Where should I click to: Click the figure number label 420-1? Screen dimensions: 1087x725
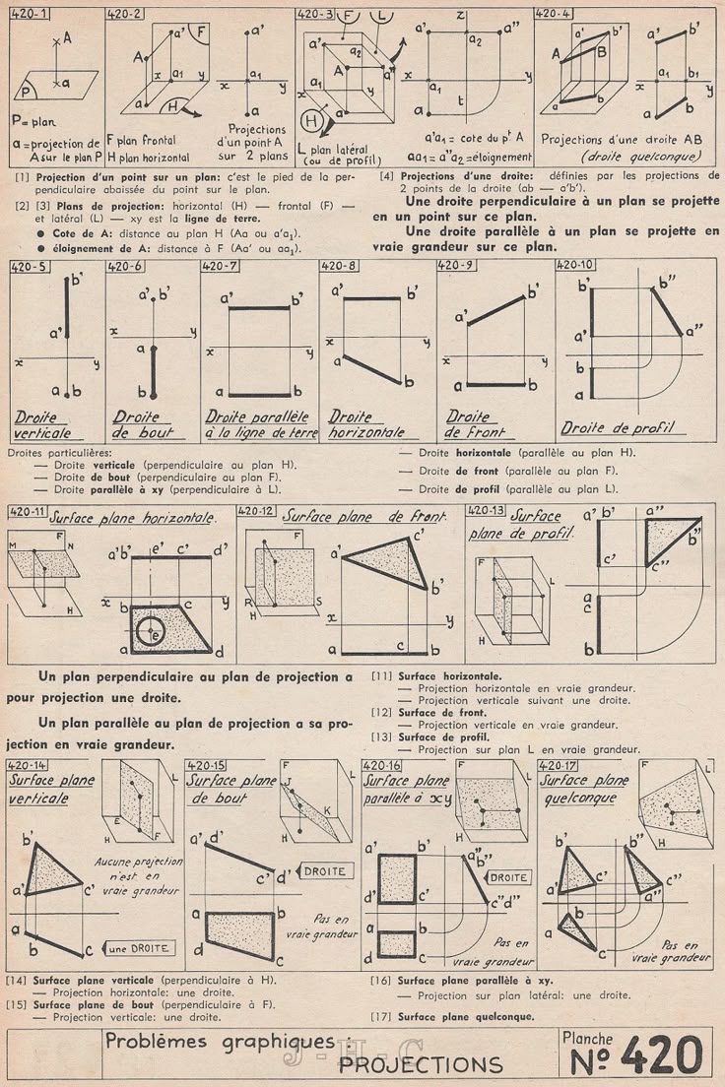click(x=32, y=13)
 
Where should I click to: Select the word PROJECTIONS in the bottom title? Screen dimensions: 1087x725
click(x=421, y=1064)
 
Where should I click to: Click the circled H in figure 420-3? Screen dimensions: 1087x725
click(x=312, y=121)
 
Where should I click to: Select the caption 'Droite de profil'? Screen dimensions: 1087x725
click(x=617, y=428)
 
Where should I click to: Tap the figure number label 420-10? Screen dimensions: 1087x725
click(x=575, y=265)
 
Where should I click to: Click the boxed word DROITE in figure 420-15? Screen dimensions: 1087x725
click(x=324, y=871)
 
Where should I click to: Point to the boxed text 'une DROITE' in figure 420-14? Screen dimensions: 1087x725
click(x=141, y=948)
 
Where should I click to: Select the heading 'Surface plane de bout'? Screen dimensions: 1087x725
click(x=231, y=789)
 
